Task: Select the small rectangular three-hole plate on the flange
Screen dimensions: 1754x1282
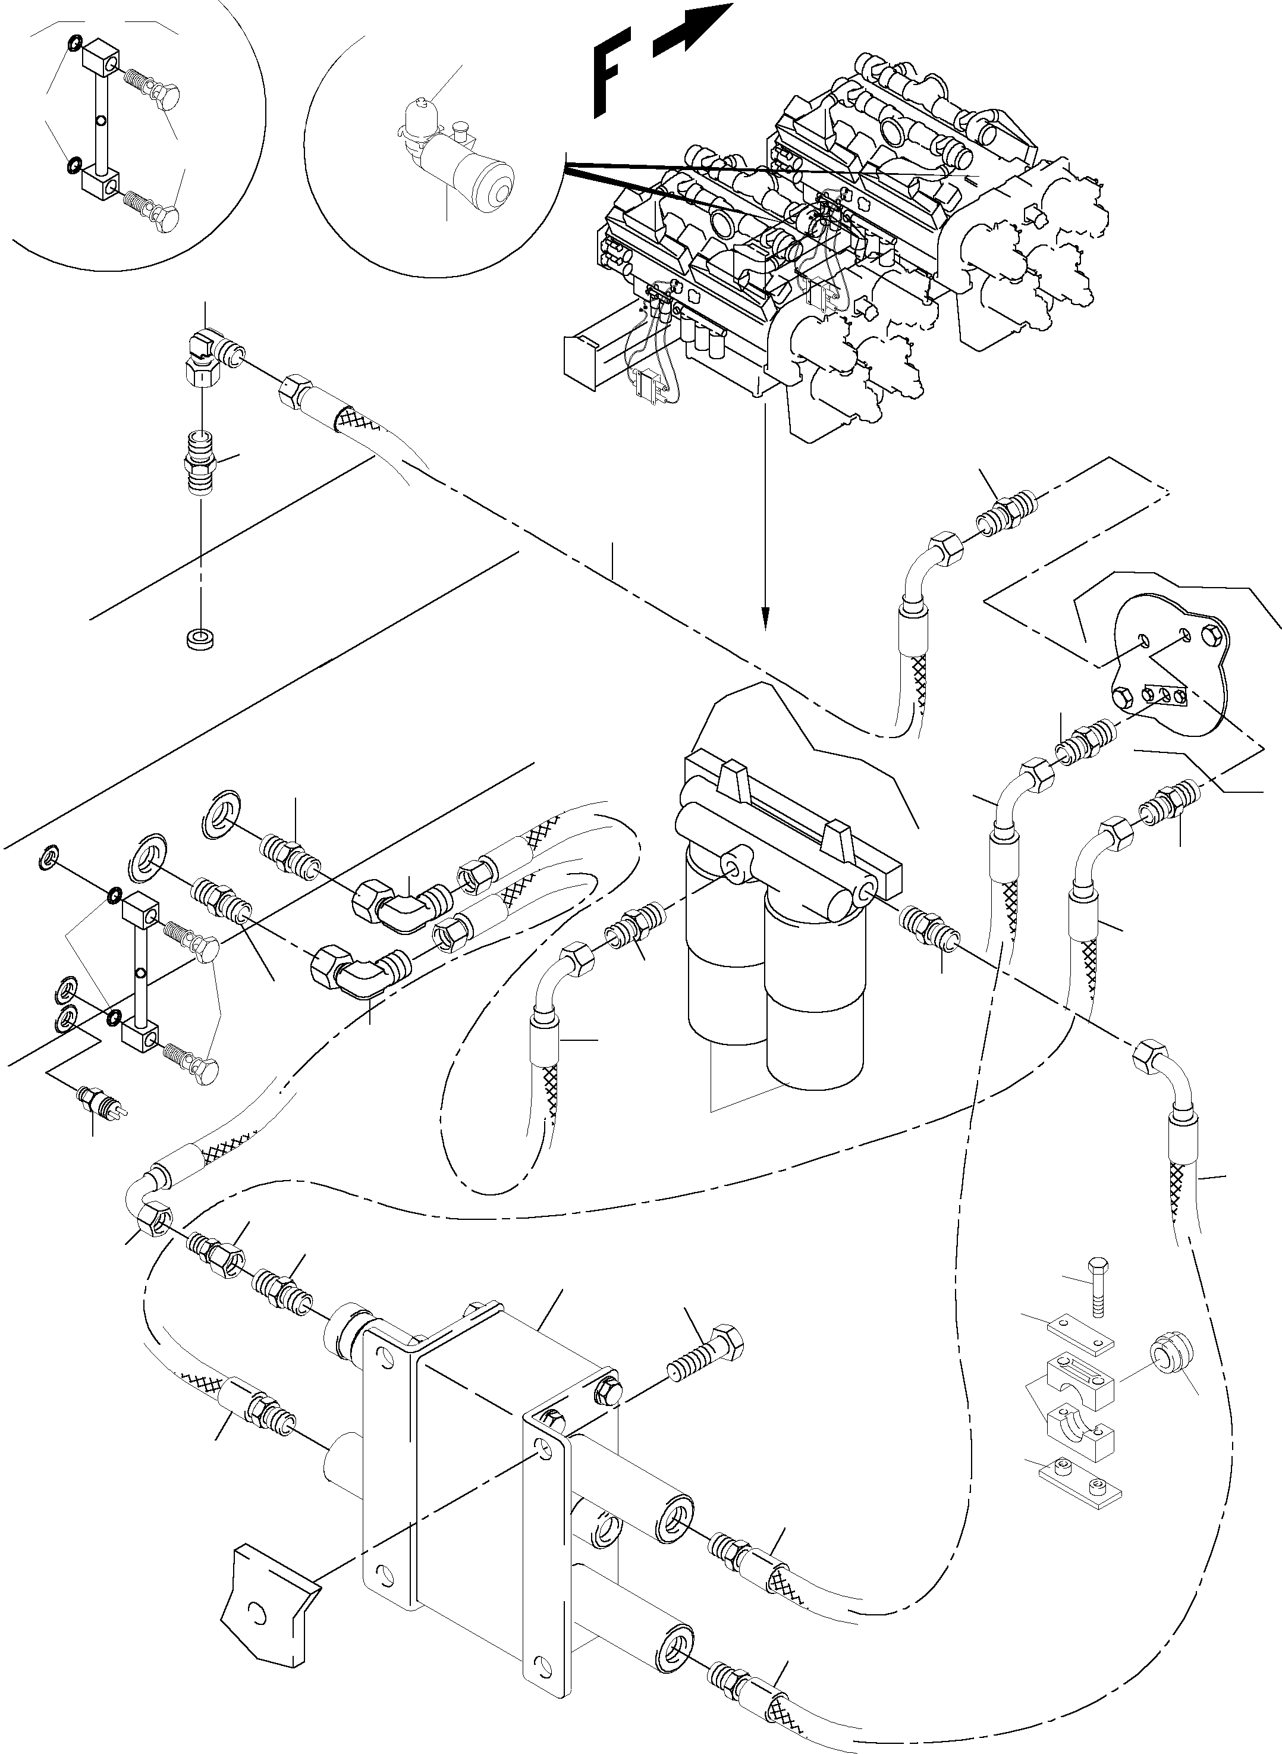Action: click(1164, 695)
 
